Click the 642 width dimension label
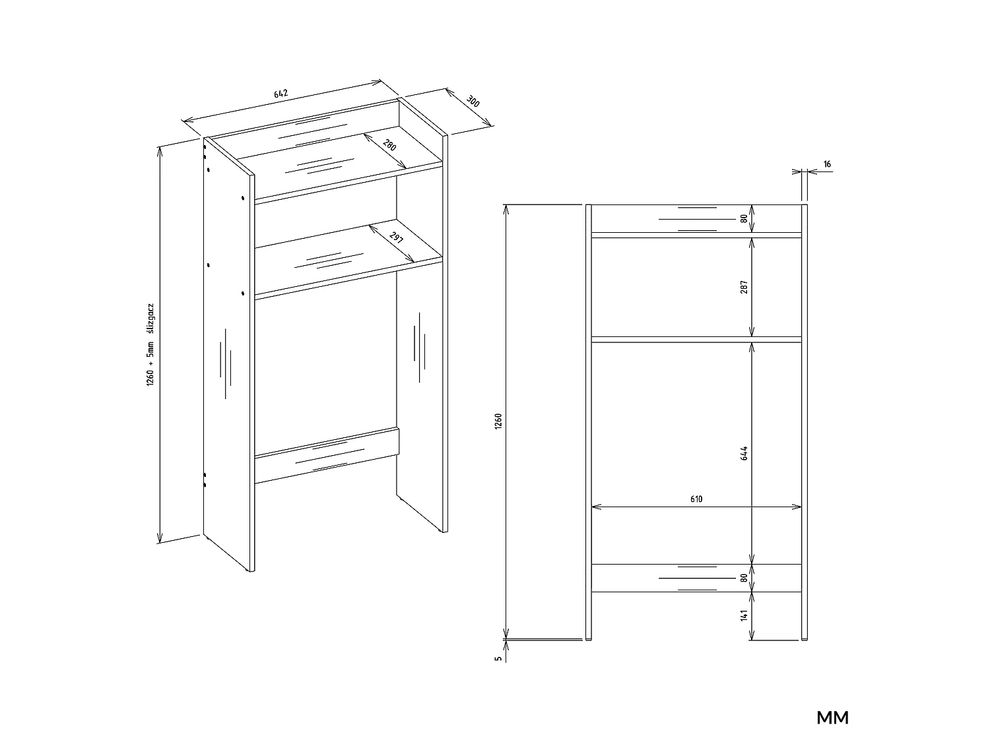pos(280,94)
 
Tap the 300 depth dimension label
pos(473,102)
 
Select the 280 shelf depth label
pos(389,145)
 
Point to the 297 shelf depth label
pos(396,237)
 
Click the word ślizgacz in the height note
pos(150,319)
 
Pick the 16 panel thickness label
pos(827,164)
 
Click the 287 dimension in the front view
pos(744,287)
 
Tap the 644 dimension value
pos(744,453)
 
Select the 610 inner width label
pos(696,499)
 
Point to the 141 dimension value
pos(744,616)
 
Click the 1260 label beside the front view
pos(498,421)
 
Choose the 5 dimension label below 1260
pos(498,658)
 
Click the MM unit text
pos(833,717)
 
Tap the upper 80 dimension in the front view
pos(744,218)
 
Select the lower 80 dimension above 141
pos(744,578)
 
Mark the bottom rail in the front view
pos(696,578)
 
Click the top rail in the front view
pos(696,219)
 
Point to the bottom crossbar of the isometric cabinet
pos(327,455)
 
